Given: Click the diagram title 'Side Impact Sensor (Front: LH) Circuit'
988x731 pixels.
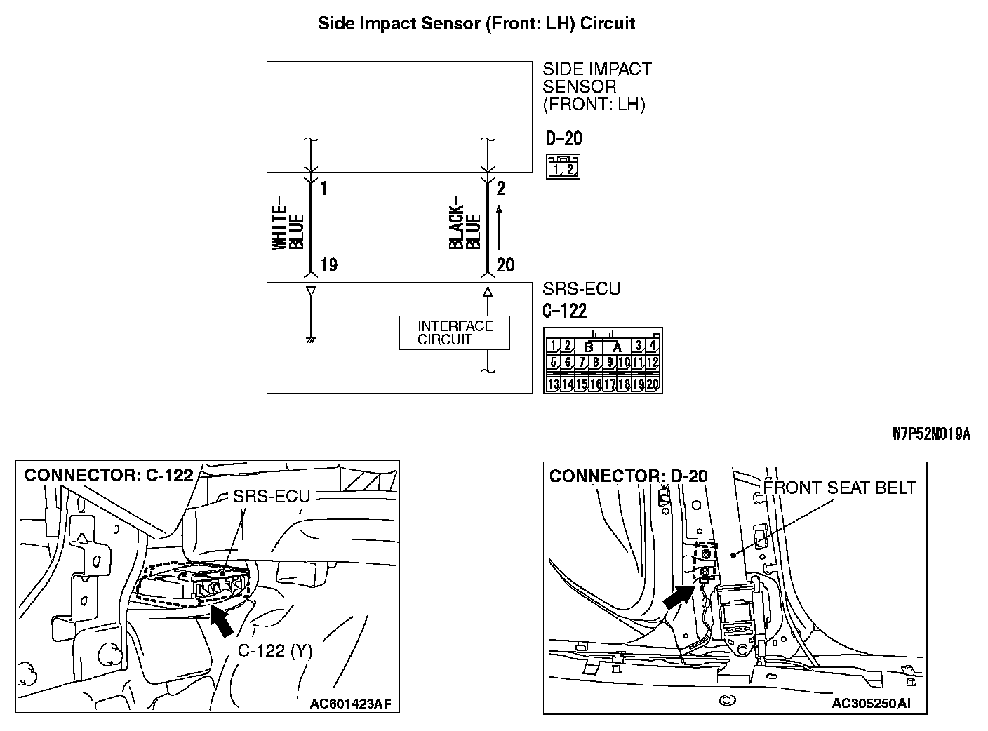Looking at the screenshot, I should tap(476, 23).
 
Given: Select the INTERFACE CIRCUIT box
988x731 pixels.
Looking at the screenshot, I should tap(454, 333).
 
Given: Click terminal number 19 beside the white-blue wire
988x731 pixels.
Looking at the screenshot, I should tap(328, 265).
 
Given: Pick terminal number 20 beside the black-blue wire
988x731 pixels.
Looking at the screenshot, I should tap(505, 265).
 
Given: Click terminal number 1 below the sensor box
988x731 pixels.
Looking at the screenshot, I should tap(323, 189).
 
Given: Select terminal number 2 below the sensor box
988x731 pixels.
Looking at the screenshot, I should tap(500, 189).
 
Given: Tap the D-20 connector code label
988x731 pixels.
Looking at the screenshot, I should tap(563, 138).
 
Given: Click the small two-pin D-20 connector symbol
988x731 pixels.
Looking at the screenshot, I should tap(563, 166).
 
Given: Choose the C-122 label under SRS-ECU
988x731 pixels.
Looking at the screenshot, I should tap(564, 311).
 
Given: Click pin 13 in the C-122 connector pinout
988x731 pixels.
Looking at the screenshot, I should tap(553, 384).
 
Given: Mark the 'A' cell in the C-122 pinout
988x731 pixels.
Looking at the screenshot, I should tap(617, 347).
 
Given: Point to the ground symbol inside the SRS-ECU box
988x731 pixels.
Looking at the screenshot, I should tap(309, 340).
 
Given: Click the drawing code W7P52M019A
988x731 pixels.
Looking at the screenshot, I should tap(930, 434).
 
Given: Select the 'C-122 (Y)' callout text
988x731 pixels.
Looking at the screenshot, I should tap(274, 650).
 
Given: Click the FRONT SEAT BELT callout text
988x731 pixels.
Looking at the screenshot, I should tap(839, 488).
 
